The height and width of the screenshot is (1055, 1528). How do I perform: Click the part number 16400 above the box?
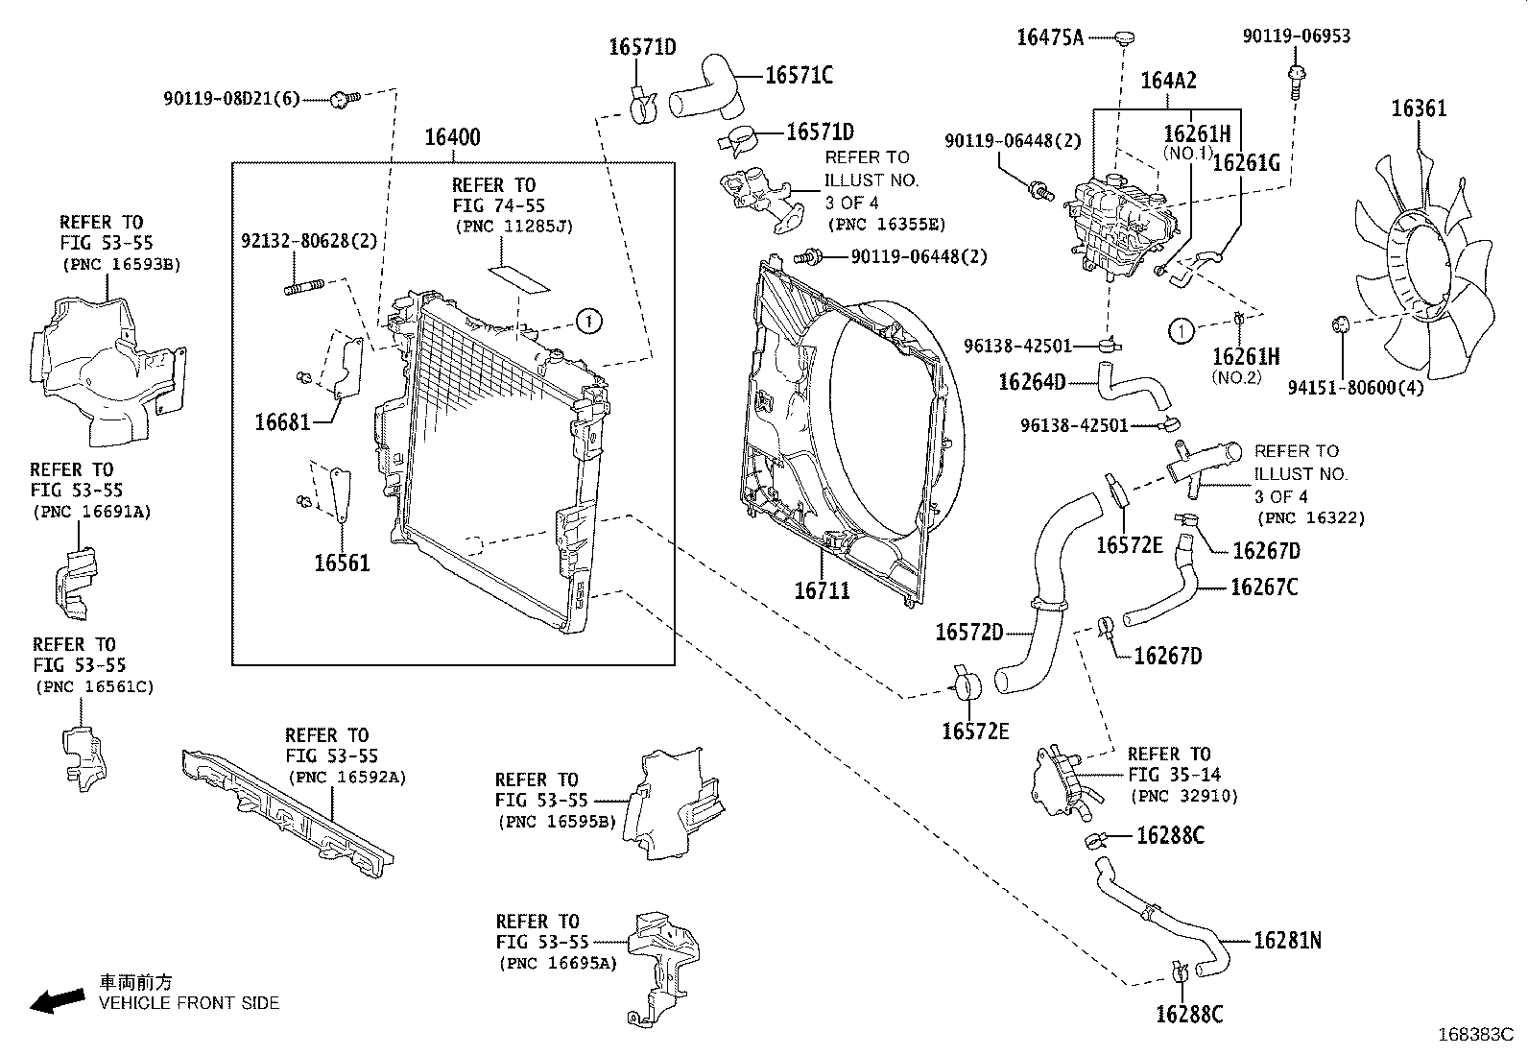(452, 137)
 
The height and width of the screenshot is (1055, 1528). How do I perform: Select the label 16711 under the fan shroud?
(822, 589)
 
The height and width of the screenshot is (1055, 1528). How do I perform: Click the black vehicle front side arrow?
(57, 1001)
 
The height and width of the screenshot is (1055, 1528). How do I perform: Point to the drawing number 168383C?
(1474, 1035)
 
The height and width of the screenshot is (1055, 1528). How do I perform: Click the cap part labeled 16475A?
(1124, 37)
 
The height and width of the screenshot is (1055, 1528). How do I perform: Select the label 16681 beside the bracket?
(282, 420)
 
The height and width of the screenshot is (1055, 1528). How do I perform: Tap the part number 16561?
(342, 563)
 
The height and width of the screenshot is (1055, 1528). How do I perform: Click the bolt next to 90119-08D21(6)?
(343, 98)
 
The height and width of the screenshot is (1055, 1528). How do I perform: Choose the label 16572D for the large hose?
(969, 633)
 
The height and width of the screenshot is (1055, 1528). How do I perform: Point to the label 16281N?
(1287, 941)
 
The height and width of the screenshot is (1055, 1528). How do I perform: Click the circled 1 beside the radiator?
(588, 322)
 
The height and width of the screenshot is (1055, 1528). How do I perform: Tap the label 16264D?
(1032, 382)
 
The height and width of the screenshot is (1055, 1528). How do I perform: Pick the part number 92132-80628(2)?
(308, 241)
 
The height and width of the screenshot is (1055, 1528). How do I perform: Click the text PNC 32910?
(1184, 796)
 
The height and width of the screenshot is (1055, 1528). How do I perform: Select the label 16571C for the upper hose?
(799, 75)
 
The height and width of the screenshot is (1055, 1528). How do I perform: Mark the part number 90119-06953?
(1296, 36)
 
